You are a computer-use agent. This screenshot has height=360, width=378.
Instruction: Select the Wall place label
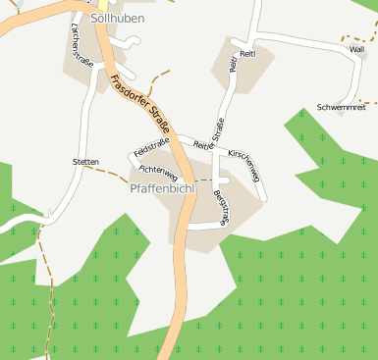356,49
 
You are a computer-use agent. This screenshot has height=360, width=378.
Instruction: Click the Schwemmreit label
342,107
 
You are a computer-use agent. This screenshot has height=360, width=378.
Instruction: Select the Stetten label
86,161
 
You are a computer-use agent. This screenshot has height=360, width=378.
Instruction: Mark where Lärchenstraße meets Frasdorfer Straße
99,37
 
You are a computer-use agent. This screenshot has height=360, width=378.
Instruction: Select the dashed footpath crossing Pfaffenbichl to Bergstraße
201,180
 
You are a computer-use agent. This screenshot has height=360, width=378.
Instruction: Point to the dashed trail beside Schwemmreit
367,100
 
